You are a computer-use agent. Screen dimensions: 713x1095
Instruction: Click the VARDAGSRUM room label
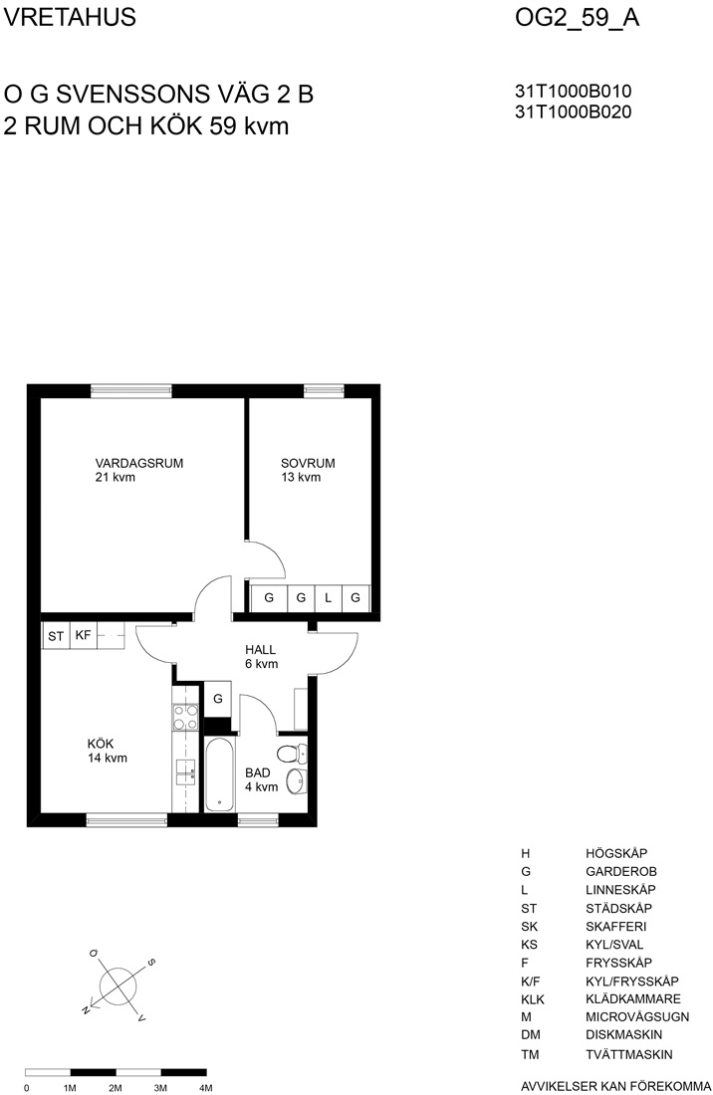(x=139, y=463)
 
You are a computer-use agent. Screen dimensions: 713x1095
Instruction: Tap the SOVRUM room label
(x=308, y=463)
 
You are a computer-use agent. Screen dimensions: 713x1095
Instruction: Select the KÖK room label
(x=101, y=744)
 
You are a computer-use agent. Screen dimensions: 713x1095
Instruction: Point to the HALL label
(x=261, y=649)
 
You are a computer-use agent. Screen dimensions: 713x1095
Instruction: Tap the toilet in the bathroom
(x=292, y=754)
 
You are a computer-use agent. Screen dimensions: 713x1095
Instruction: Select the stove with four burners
(x=186, y=718)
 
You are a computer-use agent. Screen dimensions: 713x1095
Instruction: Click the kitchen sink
(x=186, y=770)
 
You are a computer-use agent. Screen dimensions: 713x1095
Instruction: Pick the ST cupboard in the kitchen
(x=56, y=636)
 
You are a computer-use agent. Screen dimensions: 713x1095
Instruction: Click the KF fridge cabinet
(x=83, y=635)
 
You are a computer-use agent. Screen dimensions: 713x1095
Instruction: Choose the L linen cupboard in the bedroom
(x=329, y=598)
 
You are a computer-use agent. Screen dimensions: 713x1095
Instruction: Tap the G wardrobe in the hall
(x=218, y=699)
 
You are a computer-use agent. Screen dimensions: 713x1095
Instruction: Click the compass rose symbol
(x=117, y=986)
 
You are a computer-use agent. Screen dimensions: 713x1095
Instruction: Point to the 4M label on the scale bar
(x=205, y=1088)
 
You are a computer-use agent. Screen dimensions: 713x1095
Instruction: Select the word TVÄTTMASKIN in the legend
(x=629, y=1054)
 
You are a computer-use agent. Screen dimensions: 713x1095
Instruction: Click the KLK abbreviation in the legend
(x=532, y=999)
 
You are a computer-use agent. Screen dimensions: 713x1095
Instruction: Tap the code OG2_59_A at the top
(x=577, y=18)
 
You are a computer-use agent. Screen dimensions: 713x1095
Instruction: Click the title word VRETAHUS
(x=69, y=18)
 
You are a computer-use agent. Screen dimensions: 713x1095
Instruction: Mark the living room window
(x=131, y=391)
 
